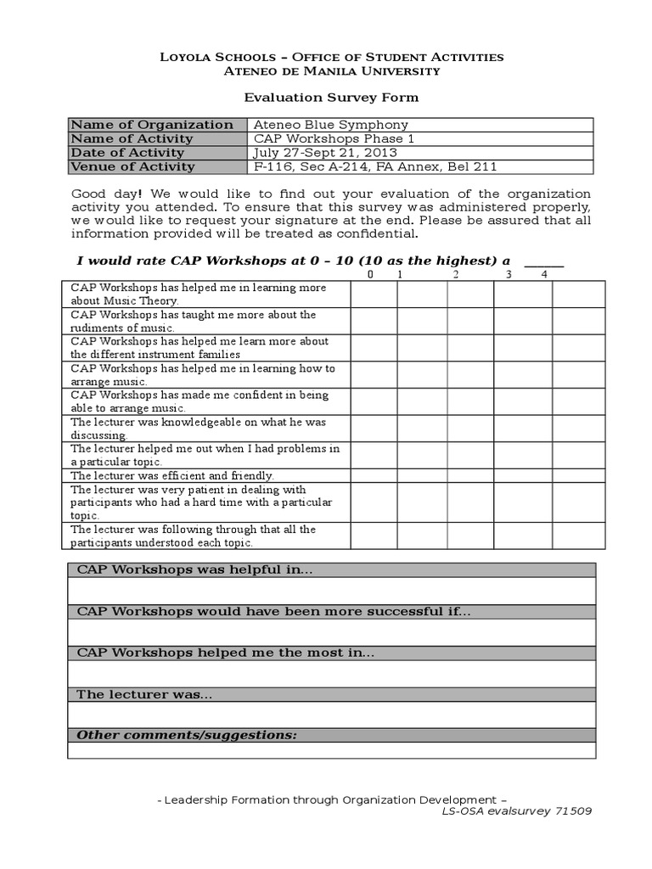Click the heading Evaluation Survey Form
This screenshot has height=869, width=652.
(x=332, y=98)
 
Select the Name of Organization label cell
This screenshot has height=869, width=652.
(x=152, y=125)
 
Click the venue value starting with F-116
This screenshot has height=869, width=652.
(x=375, y=166)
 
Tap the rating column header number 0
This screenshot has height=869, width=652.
(x=370, y=275)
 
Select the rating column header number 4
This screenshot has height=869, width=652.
(x=544, y=275)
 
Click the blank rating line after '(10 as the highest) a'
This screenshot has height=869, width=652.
(x=543, y=261)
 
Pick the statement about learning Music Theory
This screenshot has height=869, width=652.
(x=198, y=294)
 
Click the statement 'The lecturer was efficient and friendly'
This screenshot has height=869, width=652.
(x=172, y=476)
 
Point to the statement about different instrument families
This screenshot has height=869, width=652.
(x=200, y=348)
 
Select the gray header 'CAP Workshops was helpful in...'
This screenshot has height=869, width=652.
(x=195, y=569)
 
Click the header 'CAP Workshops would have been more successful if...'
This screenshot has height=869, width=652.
(x=273, y=611)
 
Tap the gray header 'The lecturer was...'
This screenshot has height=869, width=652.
(x=144, y=694)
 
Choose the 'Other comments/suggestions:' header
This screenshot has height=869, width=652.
(x=187, y=735)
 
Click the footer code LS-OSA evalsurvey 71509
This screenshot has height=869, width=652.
(x=516, y=810)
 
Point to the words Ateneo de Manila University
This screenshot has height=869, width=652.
(x=332, y=70)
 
